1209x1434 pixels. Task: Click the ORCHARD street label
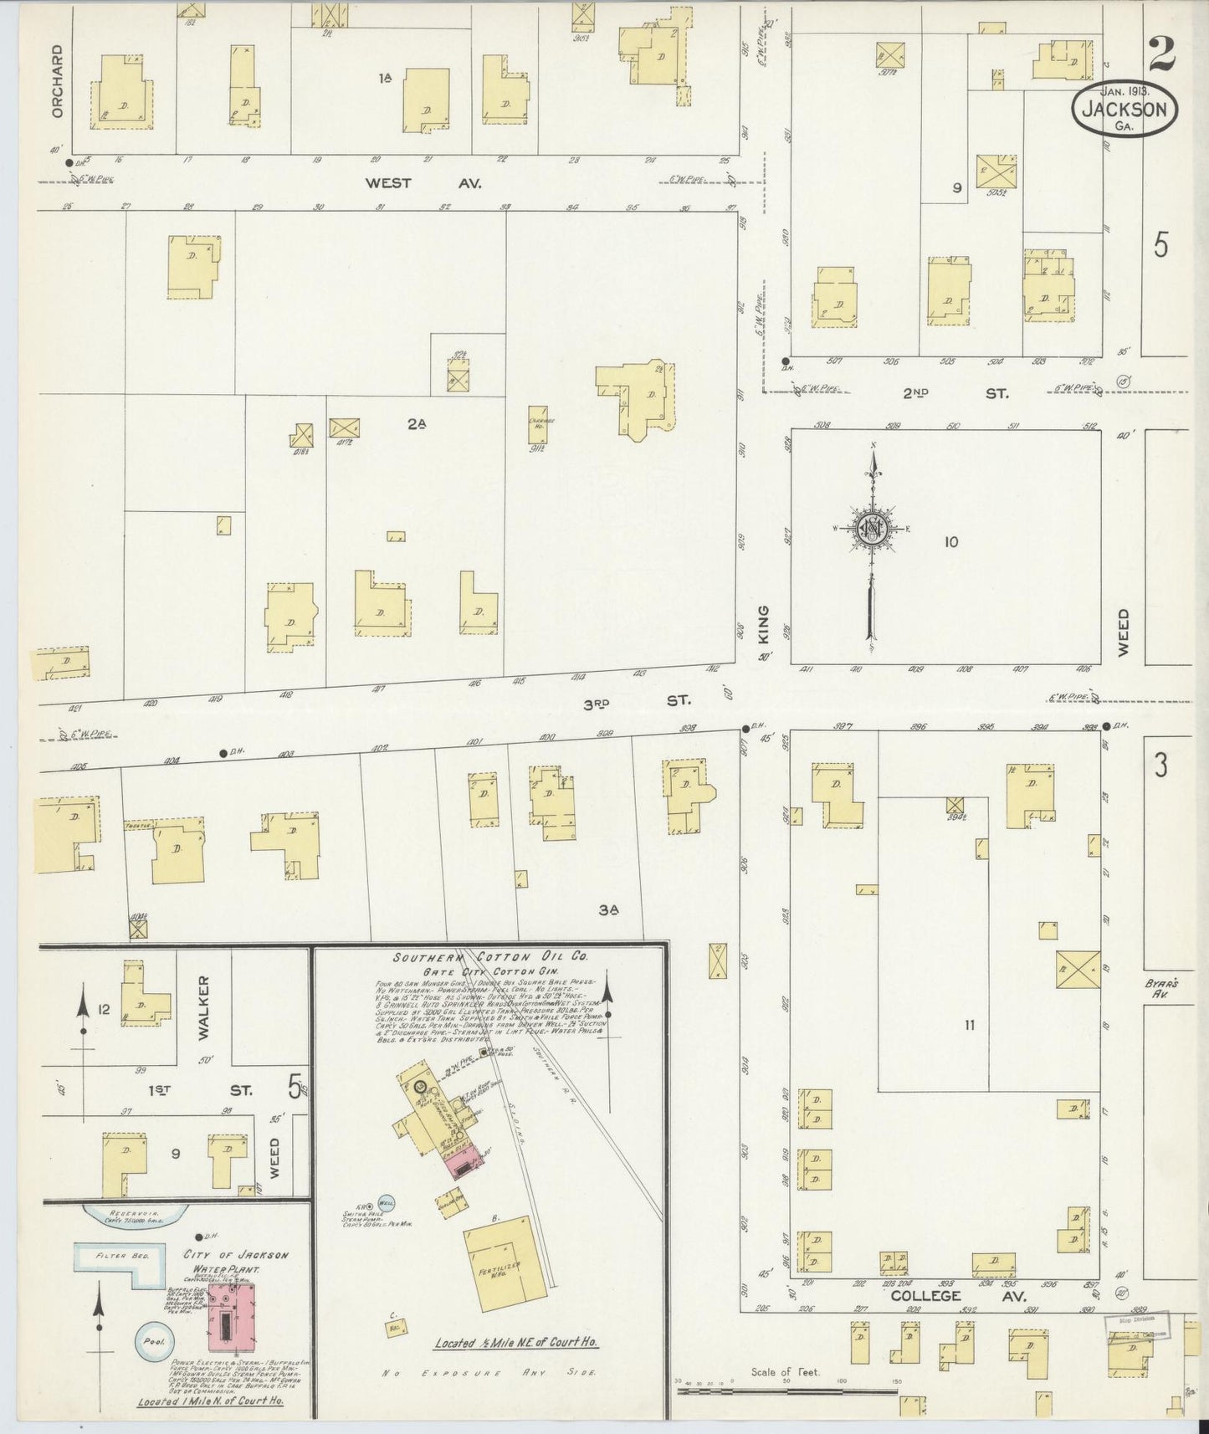pyautogui.click(x=57, y=81)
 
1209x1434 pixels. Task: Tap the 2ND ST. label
pyautogui.click(x=975, y=392)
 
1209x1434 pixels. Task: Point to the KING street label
pyautogui.click(x=763, y=625)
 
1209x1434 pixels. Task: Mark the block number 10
pyautogui.click(x=950, y=542)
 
